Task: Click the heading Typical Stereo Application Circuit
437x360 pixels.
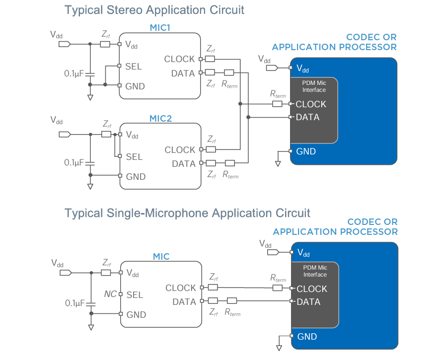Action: coord(154,10)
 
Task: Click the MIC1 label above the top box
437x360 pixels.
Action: coord(160,28)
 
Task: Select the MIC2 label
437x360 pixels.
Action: coord(160,119)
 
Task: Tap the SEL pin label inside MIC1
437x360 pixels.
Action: coord(134,66)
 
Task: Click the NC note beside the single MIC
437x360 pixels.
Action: coord(110,294)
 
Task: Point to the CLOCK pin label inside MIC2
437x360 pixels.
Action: coord(180,149)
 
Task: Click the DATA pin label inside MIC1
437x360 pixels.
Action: coord(183,73)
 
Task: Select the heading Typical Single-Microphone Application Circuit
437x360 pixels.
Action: coord(187,213)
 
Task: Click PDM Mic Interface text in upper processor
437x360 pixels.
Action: coord(314,87)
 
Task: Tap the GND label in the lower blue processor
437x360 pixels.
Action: coord(307,337)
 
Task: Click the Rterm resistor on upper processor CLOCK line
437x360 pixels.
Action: coord(278,104)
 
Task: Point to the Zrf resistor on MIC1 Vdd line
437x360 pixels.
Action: coord(105,44)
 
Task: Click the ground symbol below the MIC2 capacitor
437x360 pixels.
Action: coord(90,187)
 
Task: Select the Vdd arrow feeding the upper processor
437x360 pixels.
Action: coord(271,68)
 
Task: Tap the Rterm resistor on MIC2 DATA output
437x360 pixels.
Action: coord(229,163)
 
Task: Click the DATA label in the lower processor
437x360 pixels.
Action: coord(308,301)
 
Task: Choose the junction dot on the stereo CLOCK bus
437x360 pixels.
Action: coord(240,104)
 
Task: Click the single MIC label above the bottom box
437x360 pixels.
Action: coord(161,257)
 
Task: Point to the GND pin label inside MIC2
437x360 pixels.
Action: coord(136,177)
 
